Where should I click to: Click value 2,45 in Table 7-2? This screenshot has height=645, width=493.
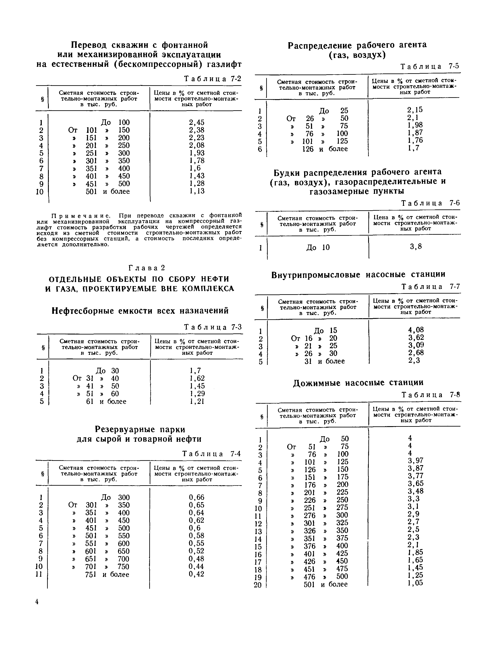pyautogui.click(x=196, y=122)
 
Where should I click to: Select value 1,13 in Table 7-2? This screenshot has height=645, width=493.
pyautogui.click(x=196, y=191)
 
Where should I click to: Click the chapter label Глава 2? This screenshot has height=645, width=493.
pyautogui.click(x=147, y=268)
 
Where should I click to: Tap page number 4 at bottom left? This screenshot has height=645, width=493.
pyautogui.click(x=37, y=602)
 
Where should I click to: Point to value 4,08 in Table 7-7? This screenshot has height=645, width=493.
pyautogui.click(x=416, y=330)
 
